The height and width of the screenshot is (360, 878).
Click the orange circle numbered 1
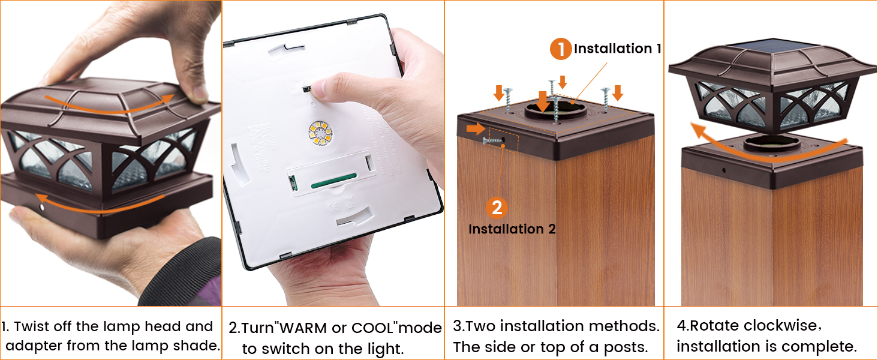coord(561,49)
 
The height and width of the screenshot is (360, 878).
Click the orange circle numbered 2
coord(497,208)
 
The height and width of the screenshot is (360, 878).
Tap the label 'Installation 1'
coord(617,49)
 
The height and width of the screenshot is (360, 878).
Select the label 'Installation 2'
coord(512,229)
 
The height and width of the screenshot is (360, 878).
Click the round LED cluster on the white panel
coord(320,133)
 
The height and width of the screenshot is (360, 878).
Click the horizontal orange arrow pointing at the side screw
coord(476,128)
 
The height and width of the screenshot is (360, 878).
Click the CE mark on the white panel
coord(333,206)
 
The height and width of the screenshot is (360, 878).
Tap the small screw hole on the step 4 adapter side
coord(723,170)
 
